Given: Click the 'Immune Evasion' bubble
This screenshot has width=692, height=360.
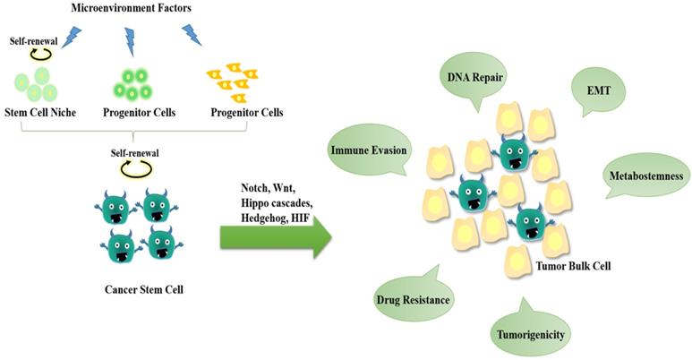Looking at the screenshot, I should (x=370, y=150).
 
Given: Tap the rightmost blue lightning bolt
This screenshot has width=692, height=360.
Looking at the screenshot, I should (x=192, y=34).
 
